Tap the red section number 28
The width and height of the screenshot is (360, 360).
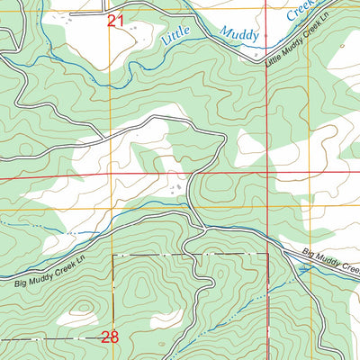[110, 338]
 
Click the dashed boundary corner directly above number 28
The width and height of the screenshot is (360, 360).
[112, 255]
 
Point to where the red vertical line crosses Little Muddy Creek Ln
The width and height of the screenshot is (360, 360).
[268, 59]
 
